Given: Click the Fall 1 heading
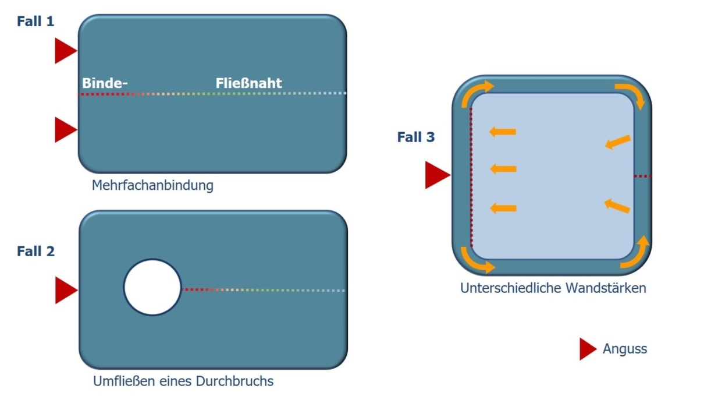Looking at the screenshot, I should pos(35,22).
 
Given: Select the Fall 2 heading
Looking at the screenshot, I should pos(35,252).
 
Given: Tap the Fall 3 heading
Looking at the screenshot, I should pos(415,137).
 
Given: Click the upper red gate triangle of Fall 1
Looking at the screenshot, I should pos(64,51).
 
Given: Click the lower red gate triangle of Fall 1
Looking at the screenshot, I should pos(64,129).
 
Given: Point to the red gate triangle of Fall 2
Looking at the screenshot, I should pos(65,290).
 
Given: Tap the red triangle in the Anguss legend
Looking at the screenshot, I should pos(586,349).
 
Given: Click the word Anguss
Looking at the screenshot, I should pos(625,349).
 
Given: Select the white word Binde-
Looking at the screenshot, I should pos(105,83).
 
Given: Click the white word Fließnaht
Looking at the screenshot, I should pos(248,83).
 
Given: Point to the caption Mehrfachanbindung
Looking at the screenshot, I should pos(152,186).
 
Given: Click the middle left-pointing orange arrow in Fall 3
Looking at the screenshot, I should pos(503,169).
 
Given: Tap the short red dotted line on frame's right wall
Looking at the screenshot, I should pos(642,176).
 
